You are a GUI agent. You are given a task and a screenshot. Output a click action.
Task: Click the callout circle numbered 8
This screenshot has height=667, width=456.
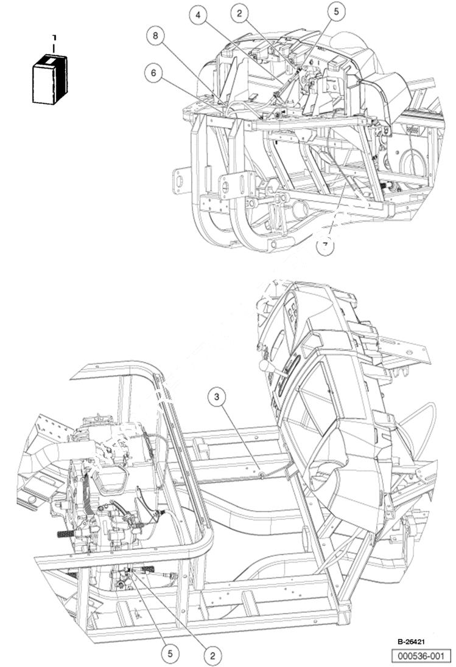[x=156, y=36]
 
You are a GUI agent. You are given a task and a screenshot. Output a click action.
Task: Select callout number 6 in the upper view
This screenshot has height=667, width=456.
[x=153, y=73]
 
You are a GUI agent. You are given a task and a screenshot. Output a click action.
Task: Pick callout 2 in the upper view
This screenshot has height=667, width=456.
[x=240, y=13]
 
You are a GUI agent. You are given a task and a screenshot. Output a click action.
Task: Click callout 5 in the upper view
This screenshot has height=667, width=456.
[x=335, y=10]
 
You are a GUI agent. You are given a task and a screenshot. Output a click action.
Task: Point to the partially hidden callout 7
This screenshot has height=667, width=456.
[x=326, y=246]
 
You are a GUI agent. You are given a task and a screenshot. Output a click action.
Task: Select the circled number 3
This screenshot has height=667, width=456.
[x=217, y=398]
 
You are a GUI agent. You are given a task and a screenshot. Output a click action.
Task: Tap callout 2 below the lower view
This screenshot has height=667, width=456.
[x=212, y=655]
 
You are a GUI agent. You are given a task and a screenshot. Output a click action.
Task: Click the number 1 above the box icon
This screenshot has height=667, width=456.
[x=54, y=38]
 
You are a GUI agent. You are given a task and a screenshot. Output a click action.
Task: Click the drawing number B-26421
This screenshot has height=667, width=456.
[x=412, y=641]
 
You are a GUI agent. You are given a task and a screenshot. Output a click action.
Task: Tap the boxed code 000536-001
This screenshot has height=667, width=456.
[x=421, y=655]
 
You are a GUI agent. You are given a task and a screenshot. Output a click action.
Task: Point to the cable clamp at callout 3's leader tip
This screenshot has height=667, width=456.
[x=261, y=474]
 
